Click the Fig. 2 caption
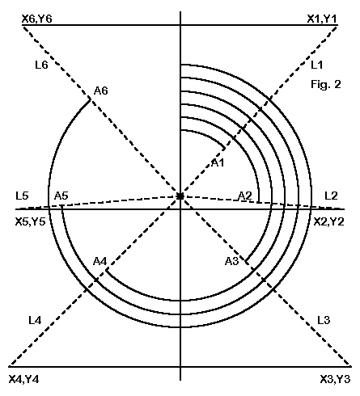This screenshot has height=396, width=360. (x=326, y=85)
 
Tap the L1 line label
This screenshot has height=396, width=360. (x=316, y=65)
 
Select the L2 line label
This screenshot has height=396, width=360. (x=331, y=196)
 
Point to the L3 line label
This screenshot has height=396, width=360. (x=324, y=320)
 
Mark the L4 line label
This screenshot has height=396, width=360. (x=35, y=320)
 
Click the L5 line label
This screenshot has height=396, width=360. (x=22, y=196)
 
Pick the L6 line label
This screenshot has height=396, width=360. (x=41, y=65)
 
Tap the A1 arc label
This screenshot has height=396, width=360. (x=218, y=162)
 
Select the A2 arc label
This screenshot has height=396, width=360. (x=245, y=196)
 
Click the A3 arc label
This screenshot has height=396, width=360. (x=232, y=261)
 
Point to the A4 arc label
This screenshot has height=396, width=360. (x=100, y=261)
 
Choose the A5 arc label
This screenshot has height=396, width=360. (x=61, y=196)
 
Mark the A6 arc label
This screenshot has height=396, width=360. (x=101, y=91)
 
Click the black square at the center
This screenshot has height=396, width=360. (x=180, y=196)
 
